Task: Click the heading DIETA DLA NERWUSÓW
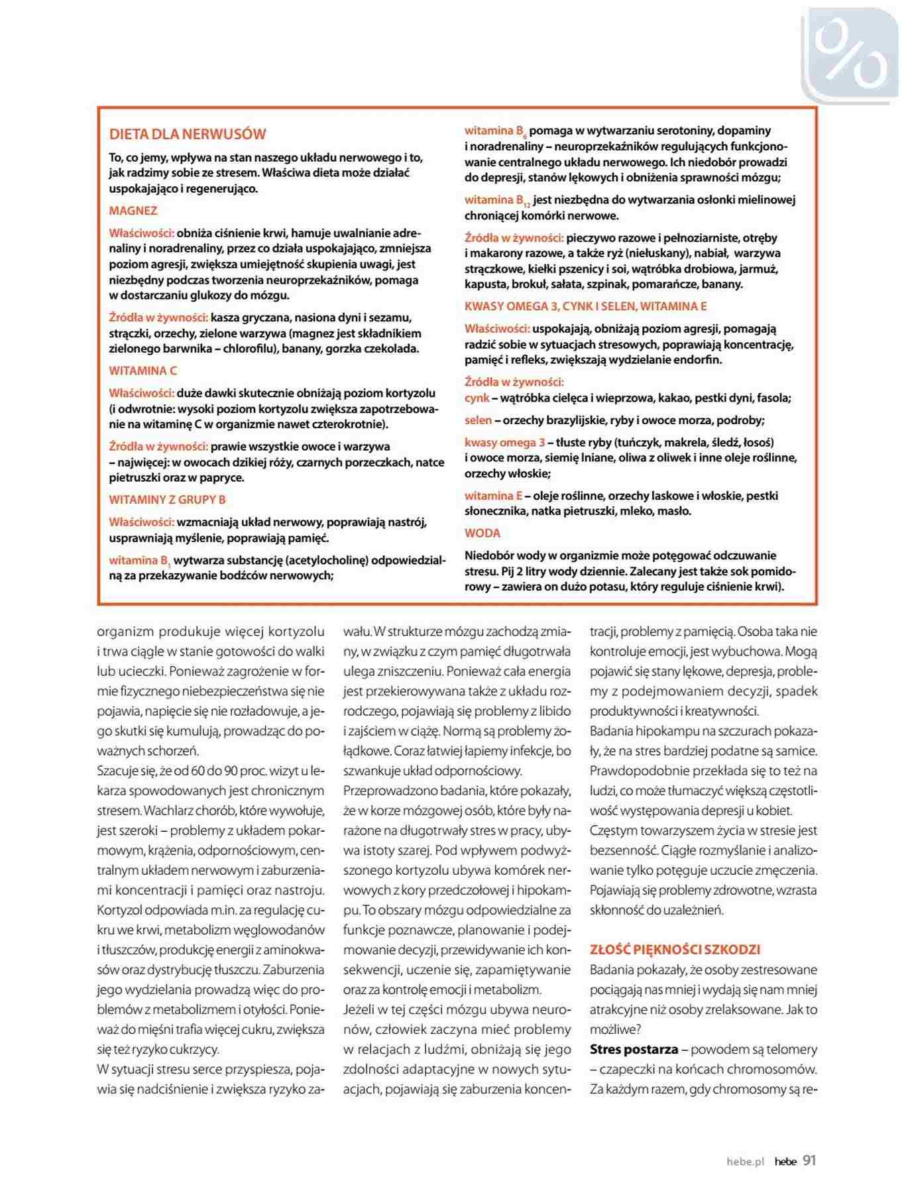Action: click(188, 134)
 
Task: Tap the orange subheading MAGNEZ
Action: click(133, 211)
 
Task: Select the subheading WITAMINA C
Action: click(143, 370)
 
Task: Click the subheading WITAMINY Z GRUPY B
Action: click(168, 500)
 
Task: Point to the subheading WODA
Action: click(482, 533)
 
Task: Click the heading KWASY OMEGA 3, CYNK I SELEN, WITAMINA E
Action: click(586, 306)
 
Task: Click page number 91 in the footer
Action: click(809, 1161)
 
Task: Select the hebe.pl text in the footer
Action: click(745, 1162)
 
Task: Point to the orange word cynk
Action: click(477, 398)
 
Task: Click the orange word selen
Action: click(479, 420)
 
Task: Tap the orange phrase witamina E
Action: click(494, 496)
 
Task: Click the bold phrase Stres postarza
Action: click(634, 1049)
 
